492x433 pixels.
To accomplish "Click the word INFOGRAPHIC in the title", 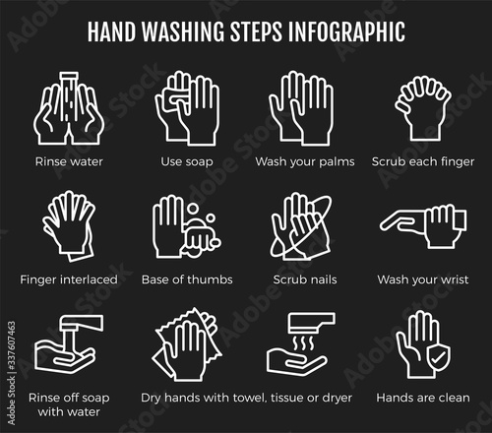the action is coord(346,31).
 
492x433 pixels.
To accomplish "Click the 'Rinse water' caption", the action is coord(69,161).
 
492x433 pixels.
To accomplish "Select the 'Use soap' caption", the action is coord(187,161).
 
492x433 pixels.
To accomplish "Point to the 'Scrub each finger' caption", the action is coord(423,161).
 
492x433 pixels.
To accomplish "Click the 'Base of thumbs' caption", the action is coord(187,279).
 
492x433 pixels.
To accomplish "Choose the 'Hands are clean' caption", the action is coord(423,398).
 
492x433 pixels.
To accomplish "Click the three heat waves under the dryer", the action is coord(304,343).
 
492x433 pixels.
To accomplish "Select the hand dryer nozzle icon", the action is coord(312,322).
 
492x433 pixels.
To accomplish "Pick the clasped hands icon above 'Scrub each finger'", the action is coord(423,107).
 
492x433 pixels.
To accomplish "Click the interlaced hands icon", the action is coord(69,225).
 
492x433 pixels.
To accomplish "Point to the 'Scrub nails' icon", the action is coord(300,225).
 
